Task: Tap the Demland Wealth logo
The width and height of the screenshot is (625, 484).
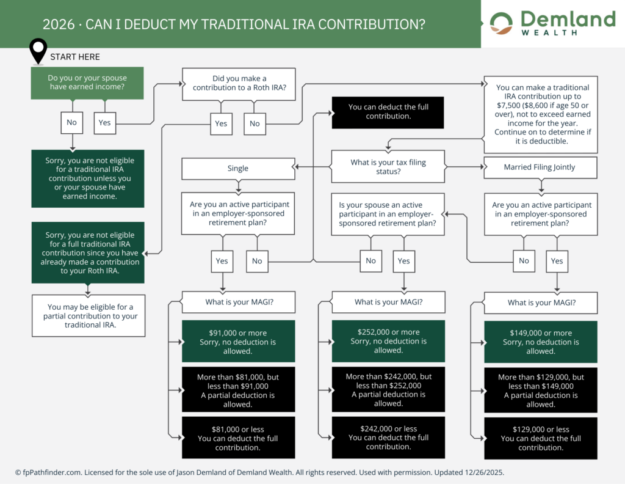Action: click(x=552, y=24)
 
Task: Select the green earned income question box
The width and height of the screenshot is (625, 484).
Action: click(x=87, y=83)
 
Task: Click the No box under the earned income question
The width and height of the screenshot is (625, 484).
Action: click(x=71, y=122)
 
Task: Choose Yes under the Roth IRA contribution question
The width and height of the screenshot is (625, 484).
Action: click(x=221, y=123)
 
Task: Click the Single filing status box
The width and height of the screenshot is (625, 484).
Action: click(x=238, y=168)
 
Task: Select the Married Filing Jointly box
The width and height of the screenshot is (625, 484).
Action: click(x=540, y=167)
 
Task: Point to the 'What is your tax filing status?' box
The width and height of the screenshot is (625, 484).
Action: click(x=388, y=167)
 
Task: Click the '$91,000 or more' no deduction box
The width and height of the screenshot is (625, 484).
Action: click(x=238, y=342)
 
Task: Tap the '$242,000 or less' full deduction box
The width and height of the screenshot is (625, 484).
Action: click(x=388, y=438)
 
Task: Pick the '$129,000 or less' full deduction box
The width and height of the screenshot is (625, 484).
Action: click(x=540, y=438)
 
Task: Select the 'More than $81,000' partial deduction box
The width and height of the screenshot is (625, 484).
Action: click(x=238, y=391)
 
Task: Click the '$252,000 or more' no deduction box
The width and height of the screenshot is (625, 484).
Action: click(x=388, y=341)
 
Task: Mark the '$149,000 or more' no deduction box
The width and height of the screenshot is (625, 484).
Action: click(x=540, y=342)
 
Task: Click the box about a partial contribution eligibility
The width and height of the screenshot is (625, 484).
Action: click(x=89, y=316)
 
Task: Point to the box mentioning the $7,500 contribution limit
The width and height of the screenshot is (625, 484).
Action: click(x=540, y=114)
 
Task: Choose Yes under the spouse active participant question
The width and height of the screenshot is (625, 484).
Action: click(x=403, y=261)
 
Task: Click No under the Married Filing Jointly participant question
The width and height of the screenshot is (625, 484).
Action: click(x=524, y=261)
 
